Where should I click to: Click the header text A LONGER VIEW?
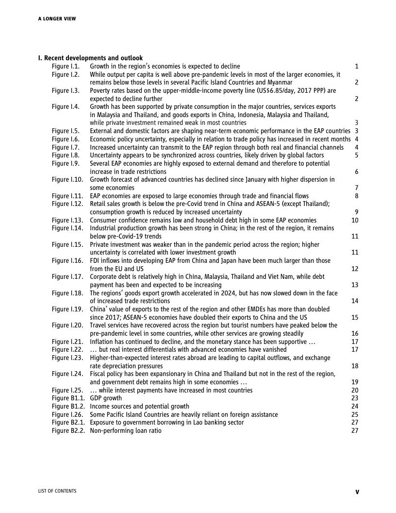point(57,19)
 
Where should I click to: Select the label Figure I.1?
point(66,66)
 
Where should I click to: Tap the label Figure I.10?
point(67,179)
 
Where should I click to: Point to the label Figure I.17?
point(67,276)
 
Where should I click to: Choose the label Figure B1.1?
point(67,398)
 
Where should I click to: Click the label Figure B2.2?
point(67,430)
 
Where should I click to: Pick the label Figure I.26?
point(67,414)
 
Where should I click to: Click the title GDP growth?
point(106,398)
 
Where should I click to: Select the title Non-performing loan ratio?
point(126,430)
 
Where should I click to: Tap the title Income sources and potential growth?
point(140,406)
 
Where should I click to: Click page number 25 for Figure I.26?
point(355,414)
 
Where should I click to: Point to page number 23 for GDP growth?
point(355,398)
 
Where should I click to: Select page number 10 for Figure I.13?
point(355,220)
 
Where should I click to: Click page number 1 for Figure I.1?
point(357,66)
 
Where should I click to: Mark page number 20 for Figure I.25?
point(355,390)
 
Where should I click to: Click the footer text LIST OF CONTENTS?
point(57,491)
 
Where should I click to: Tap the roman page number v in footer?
point(357,492)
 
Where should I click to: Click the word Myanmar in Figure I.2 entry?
point(280,82)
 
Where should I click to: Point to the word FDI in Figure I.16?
point(95,260)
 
